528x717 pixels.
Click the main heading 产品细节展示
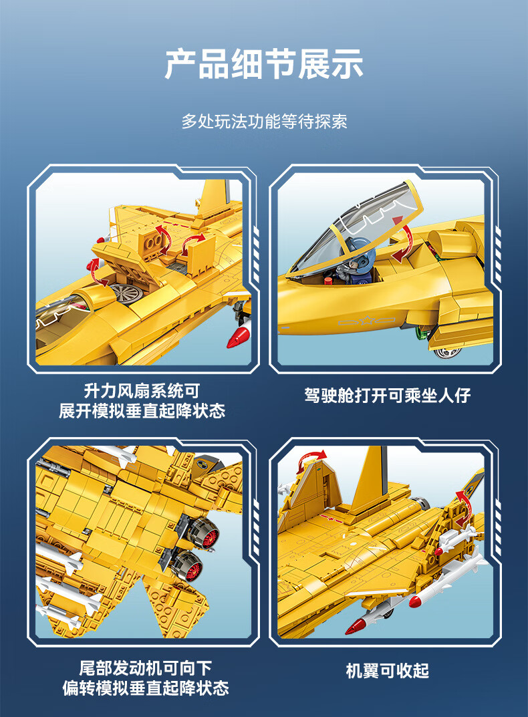[x=264, y=64]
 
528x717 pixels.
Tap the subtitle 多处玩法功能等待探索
[x=264, y=122]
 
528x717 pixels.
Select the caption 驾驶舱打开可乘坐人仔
[x=387, y=395]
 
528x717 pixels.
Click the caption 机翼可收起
[x=387, y=671]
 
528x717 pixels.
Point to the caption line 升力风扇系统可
[x=142, y=391]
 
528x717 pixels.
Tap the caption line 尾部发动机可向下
[x=146, y=668]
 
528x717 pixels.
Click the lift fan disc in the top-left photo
[x=126, y=293]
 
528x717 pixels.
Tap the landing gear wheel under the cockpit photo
[x=448, y=353]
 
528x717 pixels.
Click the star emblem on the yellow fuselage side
[x=366, y=320]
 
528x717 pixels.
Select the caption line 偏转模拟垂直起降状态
[x=146, y=688]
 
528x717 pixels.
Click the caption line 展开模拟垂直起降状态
[x=142, y=411]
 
